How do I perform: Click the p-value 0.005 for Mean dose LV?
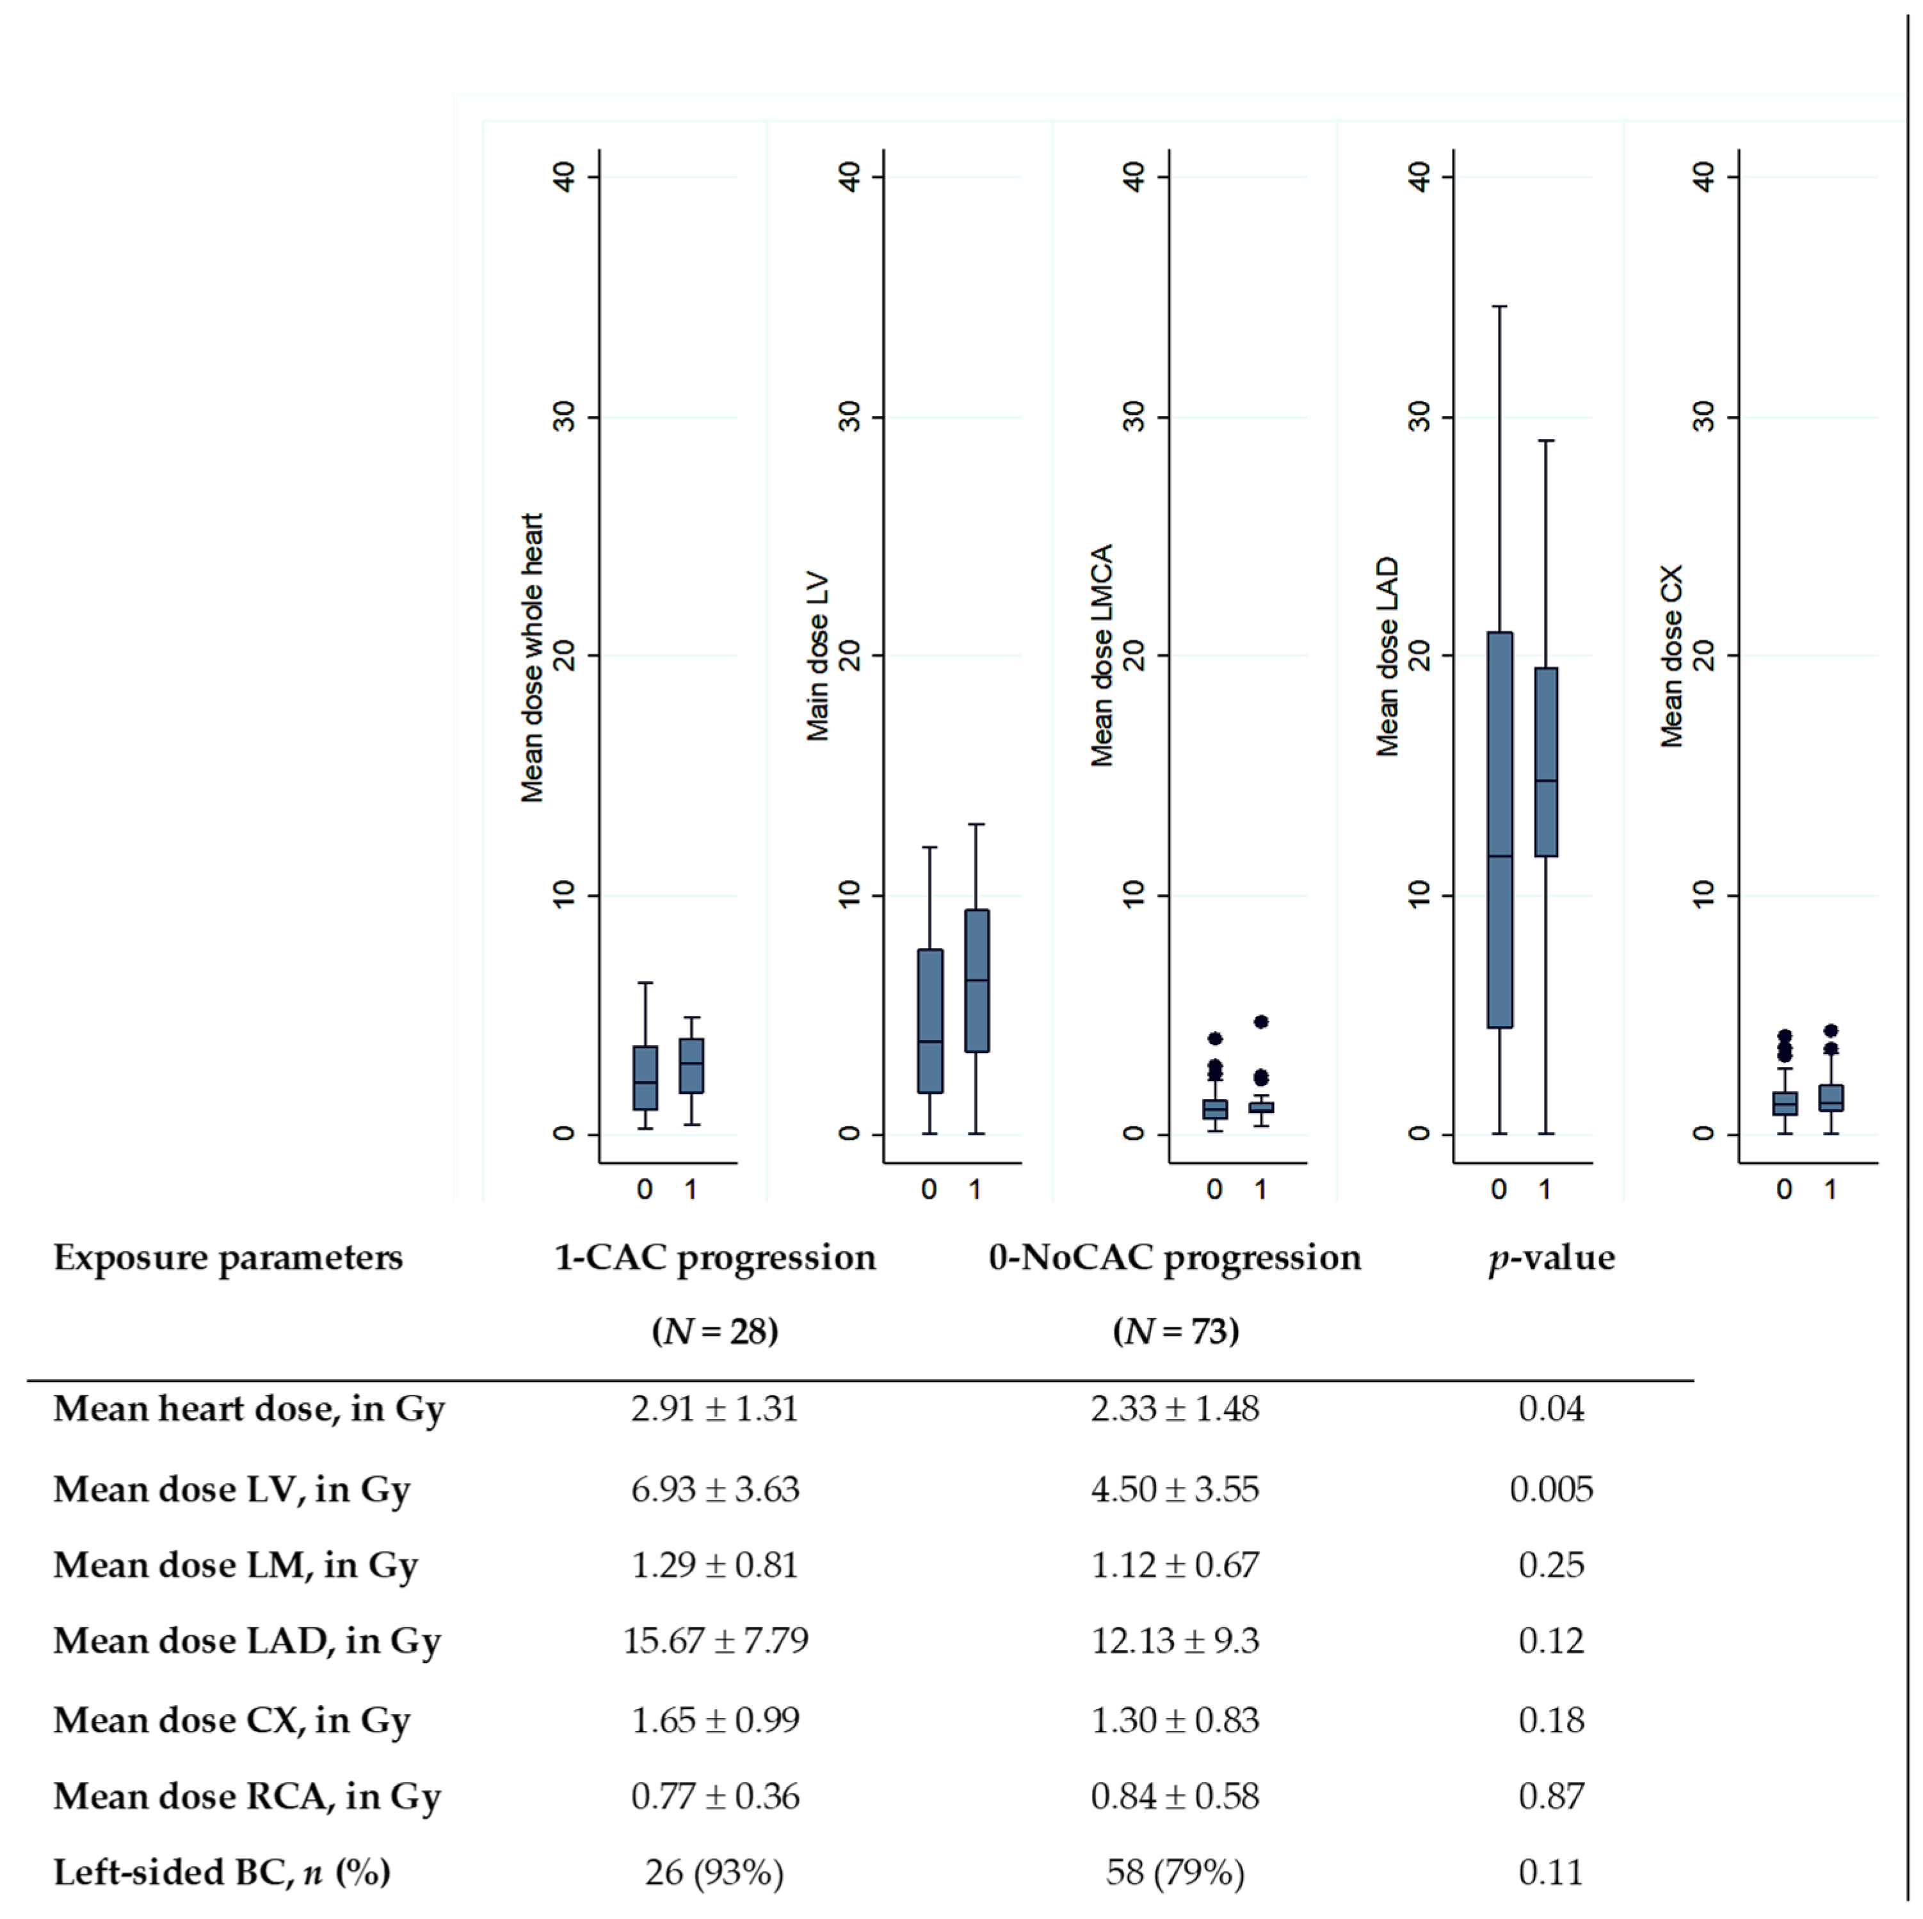pos(1550,1489)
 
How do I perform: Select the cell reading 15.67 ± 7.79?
pos(714,1641)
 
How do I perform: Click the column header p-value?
pos(1550,1258)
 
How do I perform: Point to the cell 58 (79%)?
pos(1175,1872)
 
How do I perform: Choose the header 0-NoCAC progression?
pos(1175,1258)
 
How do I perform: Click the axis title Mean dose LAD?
pos(1387,657)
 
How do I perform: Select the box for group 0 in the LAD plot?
pos(1499,829)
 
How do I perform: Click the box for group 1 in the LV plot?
pos(976,981)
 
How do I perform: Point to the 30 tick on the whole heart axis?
pos(565,417)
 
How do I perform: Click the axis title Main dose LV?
pos(817,657)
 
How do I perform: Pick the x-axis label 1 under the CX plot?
pos(1830,1189)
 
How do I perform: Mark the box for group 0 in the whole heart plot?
pos(645,1078)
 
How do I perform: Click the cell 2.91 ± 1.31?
pos(714,1409)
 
